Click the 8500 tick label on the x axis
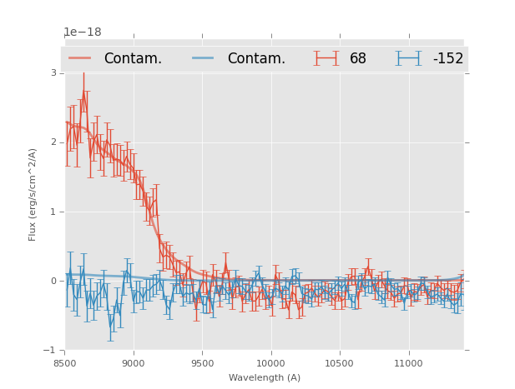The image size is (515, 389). pyautogui.click(x=64, y=363)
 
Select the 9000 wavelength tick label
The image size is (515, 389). pyautogui.click(x=134, y=363)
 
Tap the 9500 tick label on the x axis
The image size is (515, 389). pyautogui.click(x=202, y=363)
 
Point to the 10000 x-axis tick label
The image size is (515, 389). pyautogui.click(x=270, y=363)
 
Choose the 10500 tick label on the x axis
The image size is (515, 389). pyautogui.click(x=339, y=363)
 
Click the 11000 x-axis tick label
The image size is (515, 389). pyautogui.click(x=408, y=363)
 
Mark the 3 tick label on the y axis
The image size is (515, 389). pyautogui.click(x=53, y=73)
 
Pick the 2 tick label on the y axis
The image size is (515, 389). pyautogui.click(x=53, y=142)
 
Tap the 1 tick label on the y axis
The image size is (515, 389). pyautogui.click(x=53, y=212)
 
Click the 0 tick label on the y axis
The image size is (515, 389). pyautogui.click(x=53, y=281)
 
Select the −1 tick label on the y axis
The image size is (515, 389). pyautogui.click(x=51, y=350)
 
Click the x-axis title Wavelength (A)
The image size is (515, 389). pyautogui.click(x=265, y=377)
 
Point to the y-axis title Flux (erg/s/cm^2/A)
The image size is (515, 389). pyautogui.click(x=33, y=194)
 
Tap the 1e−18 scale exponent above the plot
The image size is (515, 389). pyautogui.click(x=83, y=32)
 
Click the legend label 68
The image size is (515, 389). pyautogui.click(x=357, y=59)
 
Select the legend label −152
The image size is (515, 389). pyautogui.click(x=447, y=59)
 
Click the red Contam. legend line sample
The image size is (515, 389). pyautogui.click(x=80, y=58)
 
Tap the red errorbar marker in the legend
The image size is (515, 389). pyautogui.click(x=326, y=58)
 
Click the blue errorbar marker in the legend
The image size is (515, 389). pyautogui.click(x=408, y=58)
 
